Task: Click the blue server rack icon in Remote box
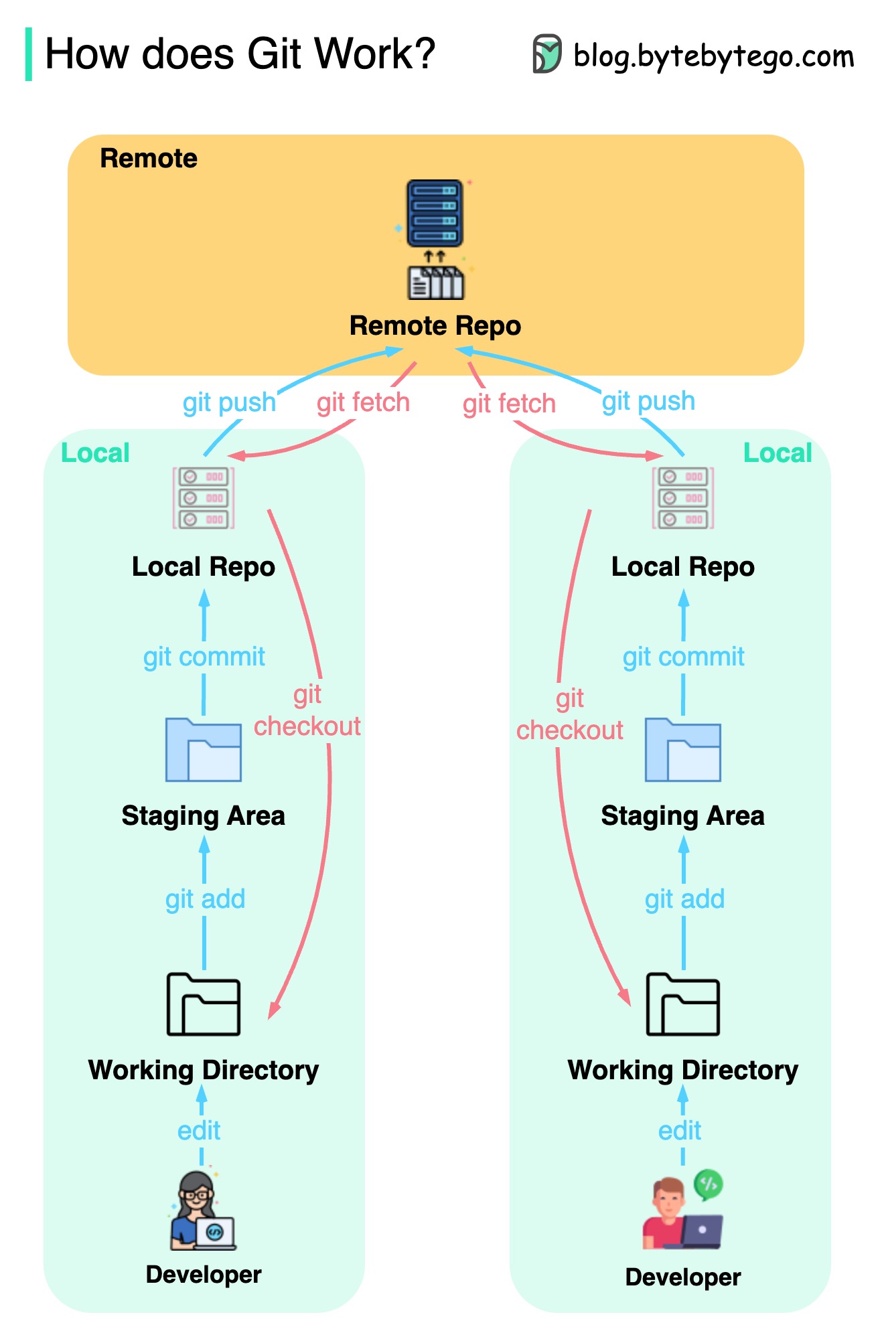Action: tap(435, 213)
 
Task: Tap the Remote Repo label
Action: tap(435, 326)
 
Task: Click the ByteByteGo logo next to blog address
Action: tap(546, 54)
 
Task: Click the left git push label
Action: tap(229, 402)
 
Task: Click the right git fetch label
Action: tap(509, 404)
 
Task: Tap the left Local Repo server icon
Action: tap(204, 498)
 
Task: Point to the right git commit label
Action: tap(683, 657)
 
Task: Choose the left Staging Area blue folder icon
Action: tap(204, 750)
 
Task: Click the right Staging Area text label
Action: tap(682, 816)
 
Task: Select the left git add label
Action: tap(205, 899)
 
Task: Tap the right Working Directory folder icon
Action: tap(682, 1004)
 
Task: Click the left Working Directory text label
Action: tap(204, 1070)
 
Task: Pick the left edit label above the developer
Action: tap(199, 1131)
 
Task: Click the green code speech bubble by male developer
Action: tap(709, 1185)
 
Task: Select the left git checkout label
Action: tap(307, 711)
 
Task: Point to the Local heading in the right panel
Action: tap(777, 453)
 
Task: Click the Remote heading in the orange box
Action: tap(149, 159)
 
